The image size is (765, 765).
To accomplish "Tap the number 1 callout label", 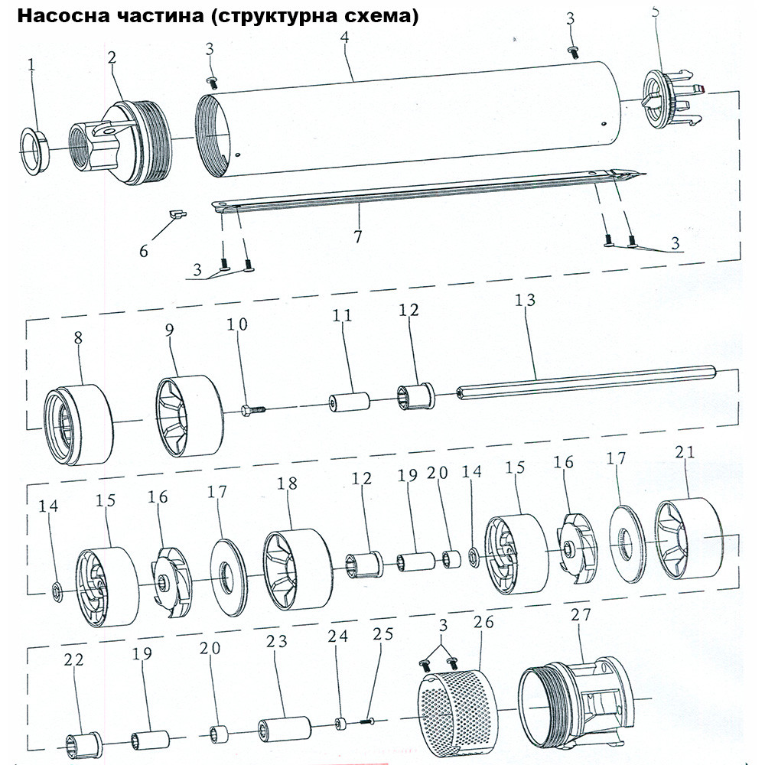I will click(31, 65).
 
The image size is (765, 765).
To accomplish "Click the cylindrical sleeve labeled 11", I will click(349, 402).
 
